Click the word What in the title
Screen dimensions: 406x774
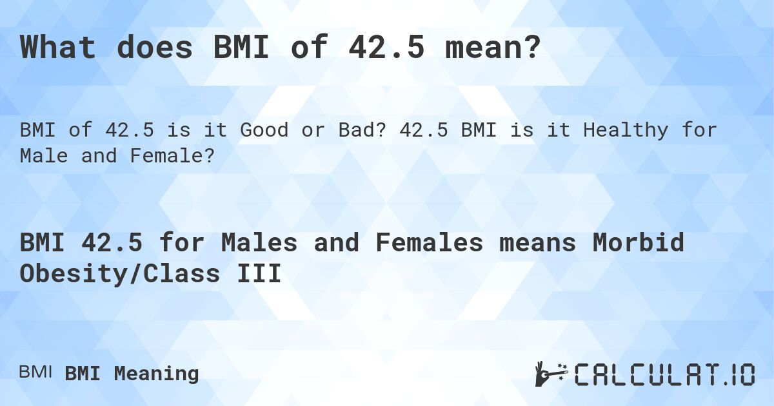click(x=59, y=48)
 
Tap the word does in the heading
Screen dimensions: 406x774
click(x=154, y=48)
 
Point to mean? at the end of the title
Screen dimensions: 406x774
click(x=493, y=48)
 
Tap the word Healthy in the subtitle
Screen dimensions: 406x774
click(x=622, y=130)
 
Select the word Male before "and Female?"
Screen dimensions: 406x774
click(x=43, y=156)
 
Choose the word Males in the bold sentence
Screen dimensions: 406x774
click(x=258, y=243)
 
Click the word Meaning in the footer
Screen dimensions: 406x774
click(x=156, y=373)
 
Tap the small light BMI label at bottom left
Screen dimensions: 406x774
click(x=35, y=372)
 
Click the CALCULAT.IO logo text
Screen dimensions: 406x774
click(x=664, y=374)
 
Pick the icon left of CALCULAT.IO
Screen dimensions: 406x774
click(x=550, y=374)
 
